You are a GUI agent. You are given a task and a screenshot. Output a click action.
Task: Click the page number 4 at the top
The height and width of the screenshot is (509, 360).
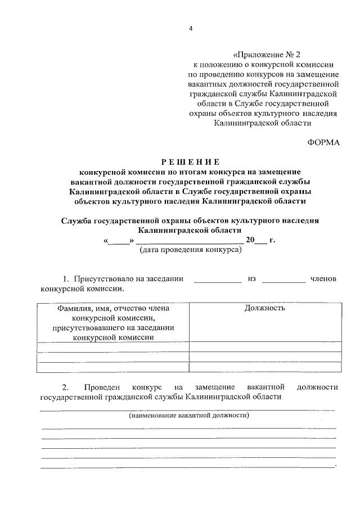pyautogui.click(x=191, y=29)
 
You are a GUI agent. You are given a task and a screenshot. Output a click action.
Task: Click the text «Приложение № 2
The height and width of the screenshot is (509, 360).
pyautogui.click(x=267, y=55)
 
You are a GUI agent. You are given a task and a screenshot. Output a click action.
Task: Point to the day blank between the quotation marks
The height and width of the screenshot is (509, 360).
pyautogui.click(x=118, y=241)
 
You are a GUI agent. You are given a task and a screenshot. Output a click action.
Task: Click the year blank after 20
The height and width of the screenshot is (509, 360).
pyautogui.click(x=260, y=241)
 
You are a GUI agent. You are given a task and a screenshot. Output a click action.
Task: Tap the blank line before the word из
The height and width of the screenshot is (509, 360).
pyautogui.click(x=217, y=280)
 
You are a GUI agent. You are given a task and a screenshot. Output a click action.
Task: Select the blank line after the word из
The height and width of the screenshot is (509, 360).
pyautogui.click(x=283, y=280)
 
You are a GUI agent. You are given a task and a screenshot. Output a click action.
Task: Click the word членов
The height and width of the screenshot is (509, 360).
pyautogui.click(x=323, y=279)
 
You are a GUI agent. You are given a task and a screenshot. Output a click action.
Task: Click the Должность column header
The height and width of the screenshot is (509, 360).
pyautogui.click(x=265, y=308)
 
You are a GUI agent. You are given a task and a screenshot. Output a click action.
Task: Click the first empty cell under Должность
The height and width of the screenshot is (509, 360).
pyautogui.click(x=265, y=347)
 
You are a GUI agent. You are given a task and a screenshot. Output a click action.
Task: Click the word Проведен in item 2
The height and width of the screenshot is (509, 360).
pyautogui.click(x=101, y=387)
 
